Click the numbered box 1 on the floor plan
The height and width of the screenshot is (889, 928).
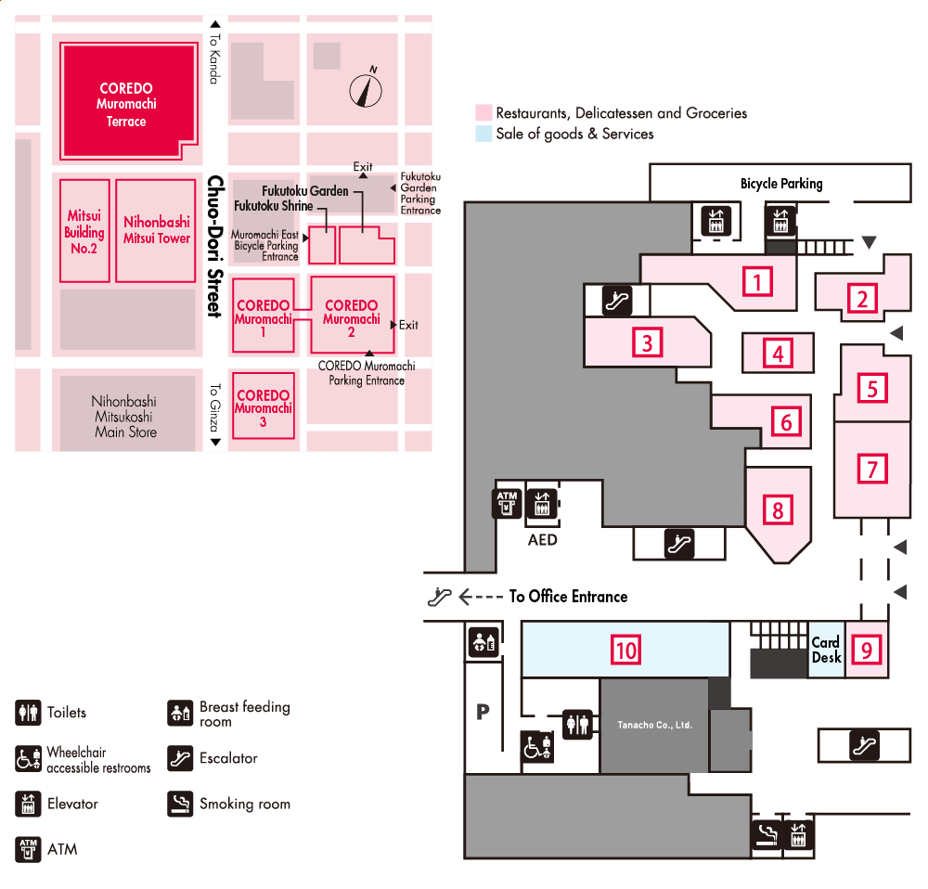pos(758,280)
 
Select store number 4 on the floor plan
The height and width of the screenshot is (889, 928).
pos(779,353)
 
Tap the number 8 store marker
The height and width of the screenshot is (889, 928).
pos(778,509)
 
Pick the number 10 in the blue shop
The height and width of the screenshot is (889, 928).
pos(626,650)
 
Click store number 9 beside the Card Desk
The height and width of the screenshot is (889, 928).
pos(867,650)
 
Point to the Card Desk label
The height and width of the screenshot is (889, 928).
pos(826,650)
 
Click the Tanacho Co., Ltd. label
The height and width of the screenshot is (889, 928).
pos(655,725)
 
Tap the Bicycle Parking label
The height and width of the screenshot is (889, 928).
pos(781,184)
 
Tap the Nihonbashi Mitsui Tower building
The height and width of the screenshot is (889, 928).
pos(156,230)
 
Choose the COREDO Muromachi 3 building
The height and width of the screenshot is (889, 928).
pos(264,406)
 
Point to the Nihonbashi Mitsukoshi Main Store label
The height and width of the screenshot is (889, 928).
pos(125,417)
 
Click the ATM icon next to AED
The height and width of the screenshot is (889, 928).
pos(507,503)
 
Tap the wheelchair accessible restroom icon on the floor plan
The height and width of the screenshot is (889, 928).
pos(537,748)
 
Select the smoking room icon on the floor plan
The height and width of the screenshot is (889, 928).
pos(766,835)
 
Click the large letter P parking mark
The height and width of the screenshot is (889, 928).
pos(483,712)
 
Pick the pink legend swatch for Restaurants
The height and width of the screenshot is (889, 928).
pos(483,112)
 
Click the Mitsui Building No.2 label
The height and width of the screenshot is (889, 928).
pos(84,231)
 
